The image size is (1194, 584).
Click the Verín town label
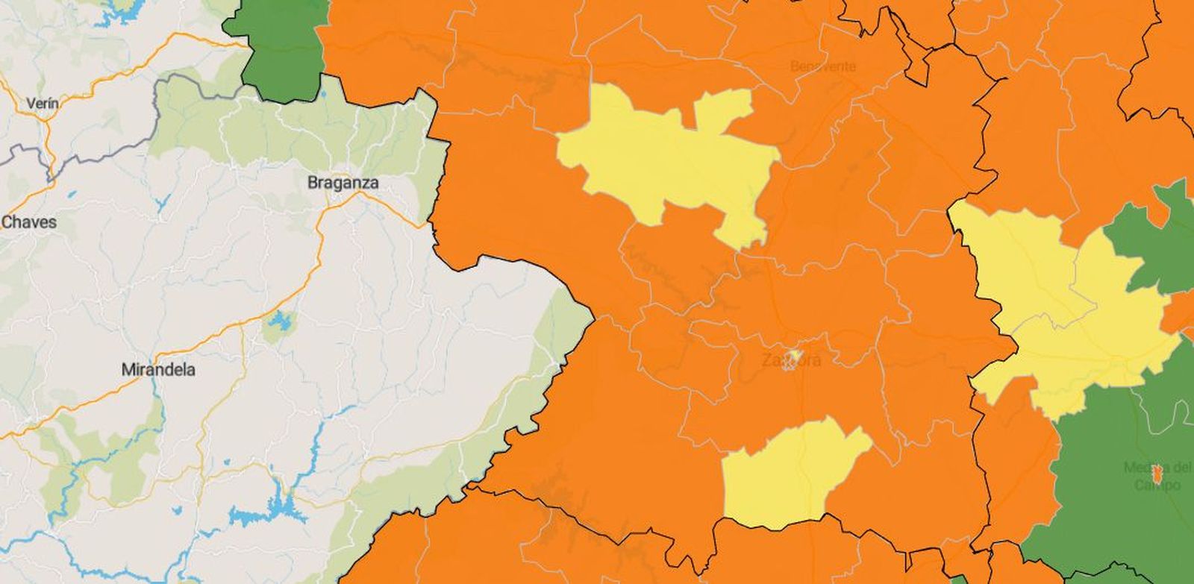point(42,104)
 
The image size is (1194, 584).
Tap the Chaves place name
point(29,222)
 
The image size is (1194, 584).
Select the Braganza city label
point(343,183)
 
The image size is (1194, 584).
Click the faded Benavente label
point(822,66)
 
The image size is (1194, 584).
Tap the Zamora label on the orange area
point(791,360)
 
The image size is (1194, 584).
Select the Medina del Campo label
point(1157,476)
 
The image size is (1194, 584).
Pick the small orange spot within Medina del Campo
point(1157,472)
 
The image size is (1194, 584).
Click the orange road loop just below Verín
point(50,142)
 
